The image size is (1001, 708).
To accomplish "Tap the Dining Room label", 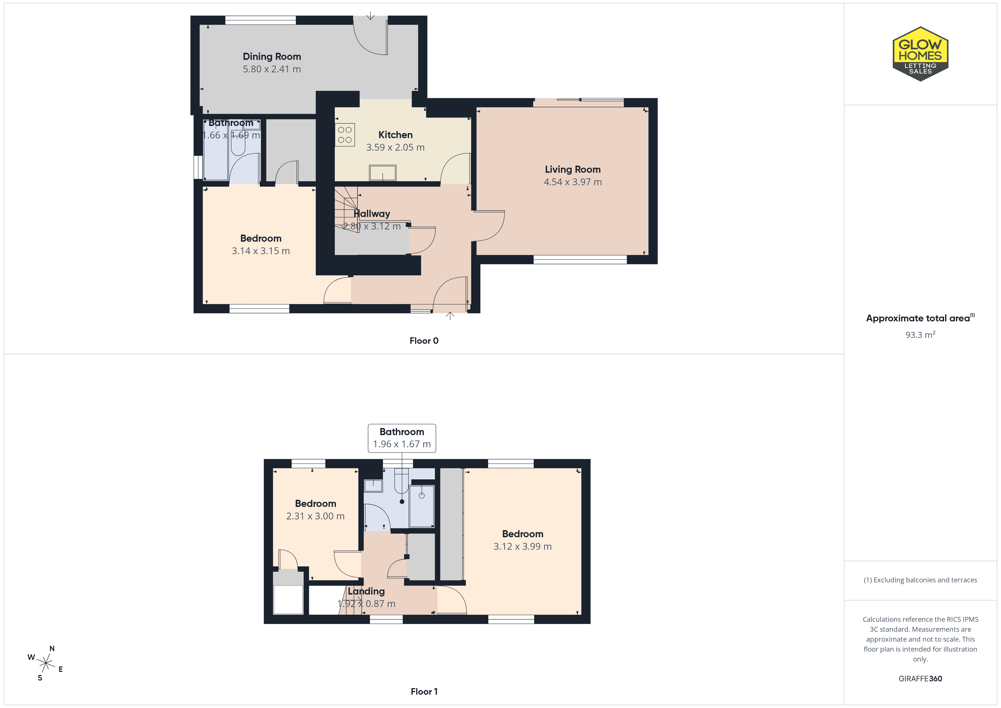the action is [x=272, y=57].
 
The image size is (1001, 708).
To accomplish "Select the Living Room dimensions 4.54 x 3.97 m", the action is [x=573, y=182].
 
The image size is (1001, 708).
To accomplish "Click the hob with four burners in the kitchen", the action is [x=345, y=135].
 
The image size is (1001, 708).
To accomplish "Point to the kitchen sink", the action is [x=383, y=173].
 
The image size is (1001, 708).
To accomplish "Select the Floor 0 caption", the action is [x=424, y=341].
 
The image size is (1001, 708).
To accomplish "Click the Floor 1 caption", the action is [x=424, y=692].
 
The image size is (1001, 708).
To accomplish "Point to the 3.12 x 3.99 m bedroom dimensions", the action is [x=522, y=546].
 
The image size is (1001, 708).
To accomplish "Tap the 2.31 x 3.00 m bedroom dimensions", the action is [x=315, y=516].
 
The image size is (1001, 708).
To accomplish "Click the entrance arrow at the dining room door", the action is [x=370, y=16].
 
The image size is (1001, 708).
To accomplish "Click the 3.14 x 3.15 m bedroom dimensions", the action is [x=261, y=251].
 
